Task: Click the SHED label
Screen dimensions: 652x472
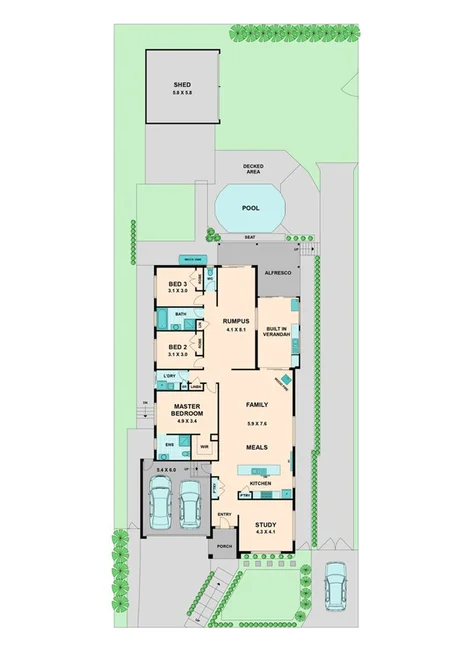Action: tap(182, 85)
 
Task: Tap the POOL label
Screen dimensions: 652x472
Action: tap(250, 209)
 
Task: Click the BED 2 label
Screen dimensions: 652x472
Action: tap(178, 349)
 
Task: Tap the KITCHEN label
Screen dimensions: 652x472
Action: tap(261, 484)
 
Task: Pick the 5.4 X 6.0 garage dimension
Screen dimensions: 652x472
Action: tap(166, 470)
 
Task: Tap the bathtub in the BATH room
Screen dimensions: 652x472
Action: tap(164, 319)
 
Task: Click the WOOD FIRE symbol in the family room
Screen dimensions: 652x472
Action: tap(285, 381)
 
